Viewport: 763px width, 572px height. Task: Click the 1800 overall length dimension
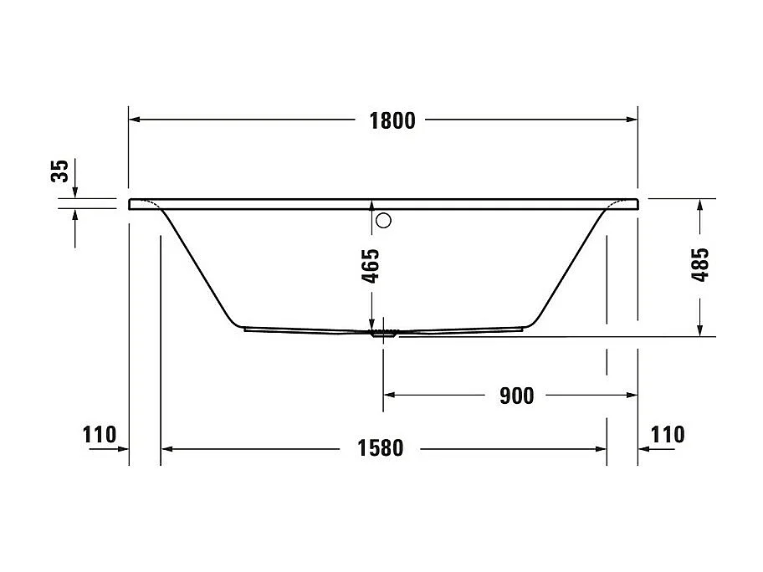tap(392, 120)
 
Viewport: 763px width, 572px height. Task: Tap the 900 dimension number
tap(516, 396)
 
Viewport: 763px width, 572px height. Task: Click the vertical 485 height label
tap(701, 266)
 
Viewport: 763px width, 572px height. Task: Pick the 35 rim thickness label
tap(59, 171)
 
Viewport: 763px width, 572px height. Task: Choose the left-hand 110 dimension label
tap(99, 435)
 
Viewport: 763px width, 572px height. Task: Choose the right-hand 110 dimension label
tap(667, 435)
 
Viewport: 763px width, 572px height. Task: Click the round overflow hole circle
tap(384, 221)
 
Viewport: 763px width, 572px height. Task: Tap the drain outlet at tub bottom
tap(384, 333)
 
